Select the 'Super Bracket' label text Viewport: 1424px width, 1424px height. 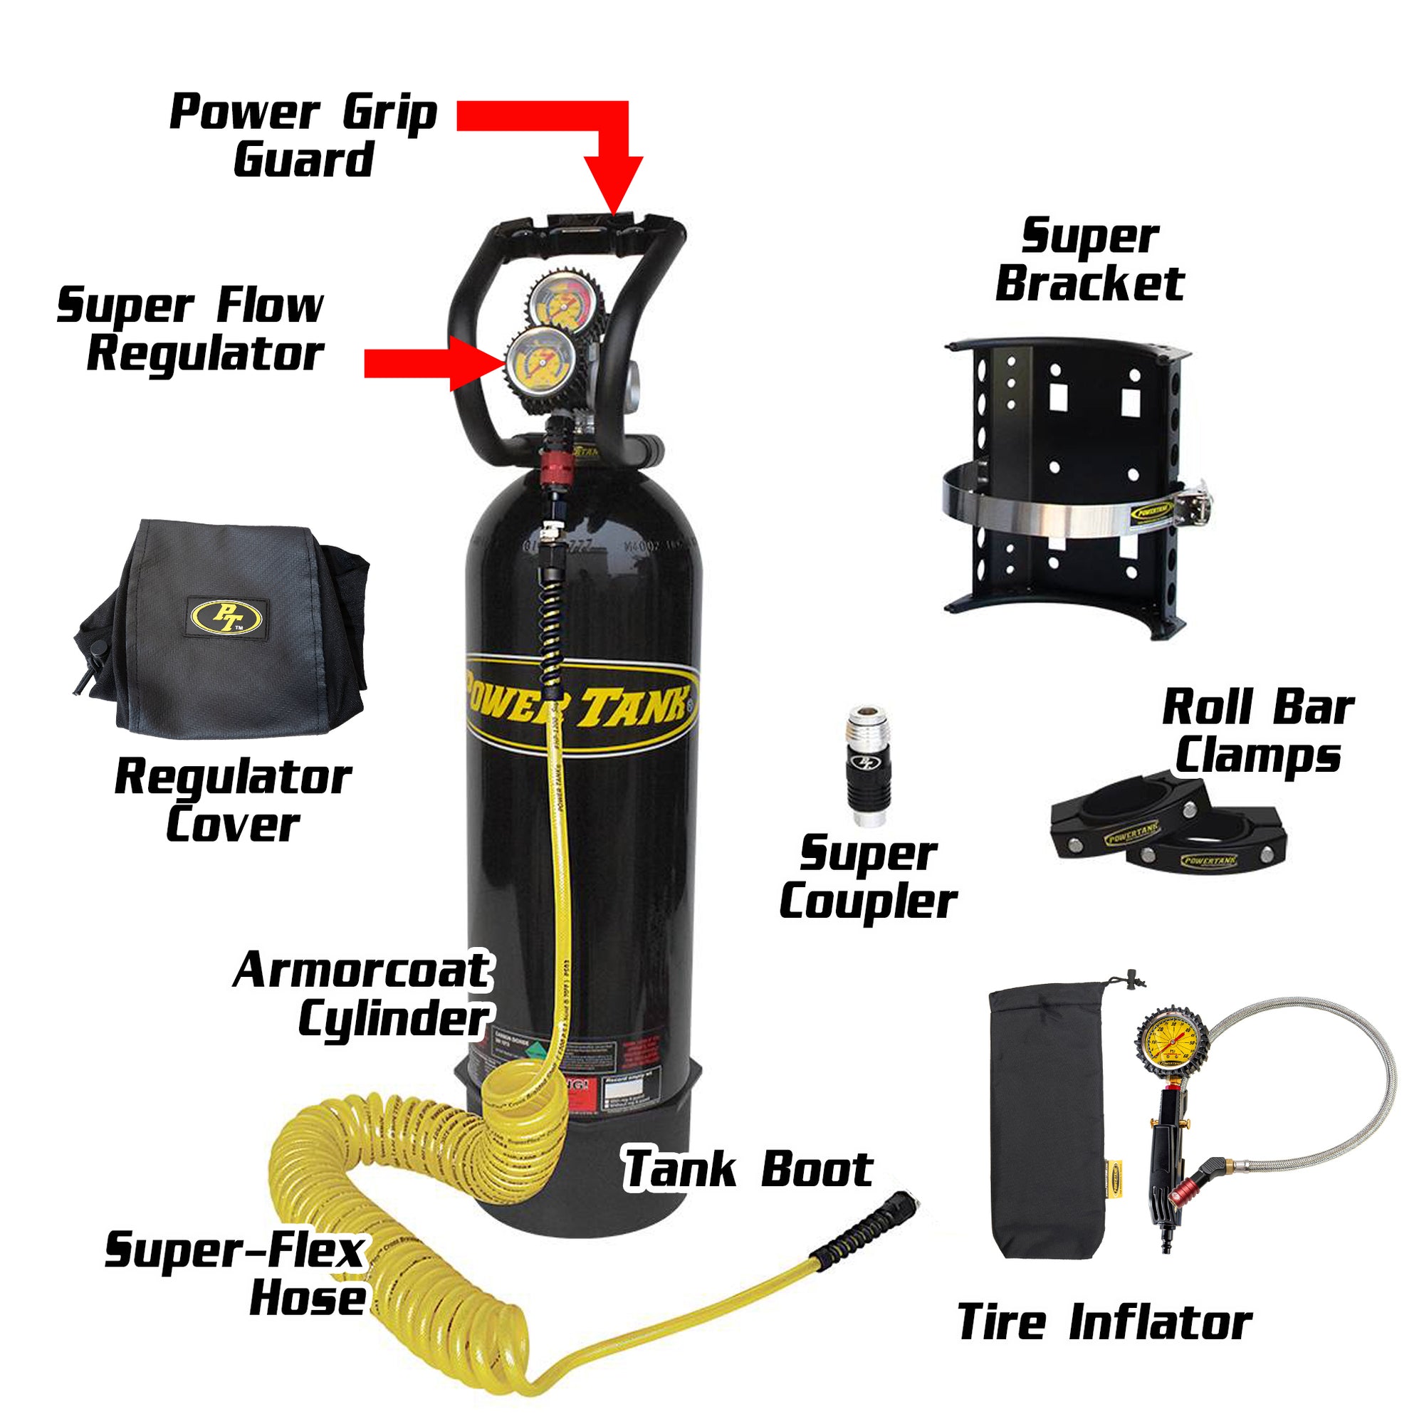point(1089,261)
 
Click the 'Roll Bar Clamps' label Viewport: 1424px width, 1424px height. point(1257,732)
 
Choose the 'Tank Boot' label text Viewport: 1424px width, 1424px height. point(748,1170)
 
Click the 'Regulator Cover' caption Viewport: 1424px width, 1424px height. point(233,800)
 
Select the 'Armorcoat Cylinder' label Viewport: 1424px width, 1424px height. point(362,994)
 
